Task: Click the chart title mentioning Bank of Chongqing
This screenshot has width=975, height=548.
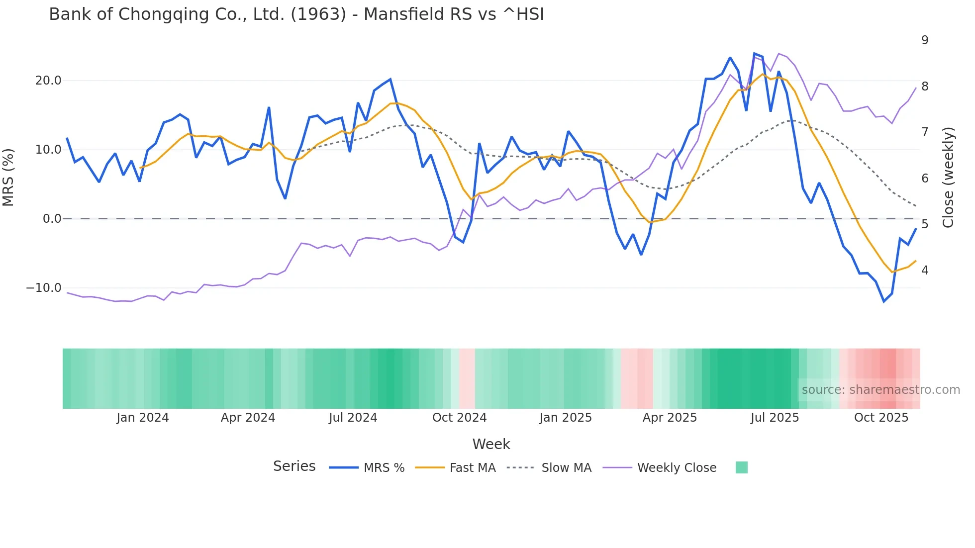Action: click(x=296, y=14)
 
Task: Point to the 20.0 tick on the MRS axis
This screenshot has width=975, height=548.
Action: click(x=48, y=81)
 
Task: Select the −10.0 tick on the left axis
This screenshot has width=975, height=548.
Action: click(x=44, y=288)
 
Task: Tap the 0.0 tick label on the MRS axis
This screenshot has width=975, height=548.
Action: click(x=52, y=219)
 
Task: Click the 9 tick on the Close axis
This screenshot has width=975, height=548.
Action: click(x=925, y=40)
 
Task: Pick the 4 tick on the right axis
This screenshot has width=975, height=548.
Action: click(x=925, y=271)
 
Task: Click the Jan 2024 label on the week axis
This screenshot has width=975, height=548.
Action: click(x=143, y=418)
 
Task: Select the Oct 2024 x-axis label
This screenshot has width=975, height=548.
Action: click(x=459, y=418)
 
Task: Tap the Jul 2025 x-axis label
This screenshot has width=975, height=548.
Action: click(x=775, y=418)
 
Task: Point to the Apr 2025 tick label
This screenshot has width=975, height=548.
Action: click(x=670, y=418)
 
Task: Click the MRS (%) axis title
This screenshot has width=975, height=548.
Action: click(x=8, y=178)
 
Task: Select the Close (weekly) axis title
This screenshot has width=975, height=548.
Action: click(x=948, y=178)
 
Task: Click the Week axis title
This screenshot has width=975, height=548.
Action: click(x=491, y=444)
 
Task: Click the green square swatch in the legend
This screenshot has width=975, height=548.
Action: click(x=741, y=467)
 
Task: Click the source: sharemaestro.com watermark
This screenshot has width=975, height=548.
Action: click(x=880, y=390)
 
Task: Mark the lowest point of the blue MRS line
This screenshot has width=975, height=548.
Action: click(x=884, y=302)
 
